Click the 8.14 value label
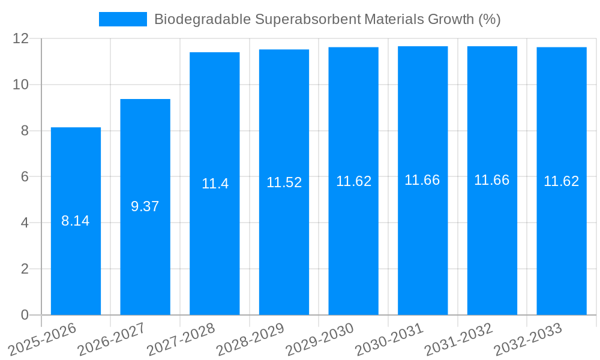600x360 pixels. [76, 221]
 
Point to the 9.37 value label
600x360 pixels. [145, 206]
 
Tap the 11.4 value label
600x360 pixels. [215, 184]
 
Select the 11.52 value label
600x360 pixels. [284, 182]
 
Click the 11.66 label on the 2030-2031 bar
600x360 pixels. [422, 180]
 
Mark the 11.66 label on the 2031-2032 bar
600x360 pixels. [492, 180]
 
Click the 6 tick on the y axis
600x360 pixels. [25, 177]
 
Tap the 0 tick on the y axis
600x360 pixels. [25, 315]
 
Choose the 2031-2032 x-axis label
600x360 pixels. [458, 340]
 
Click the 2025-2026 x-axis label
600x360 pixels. [42, 340]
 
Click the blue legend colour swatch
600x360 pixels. [123, 19]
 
